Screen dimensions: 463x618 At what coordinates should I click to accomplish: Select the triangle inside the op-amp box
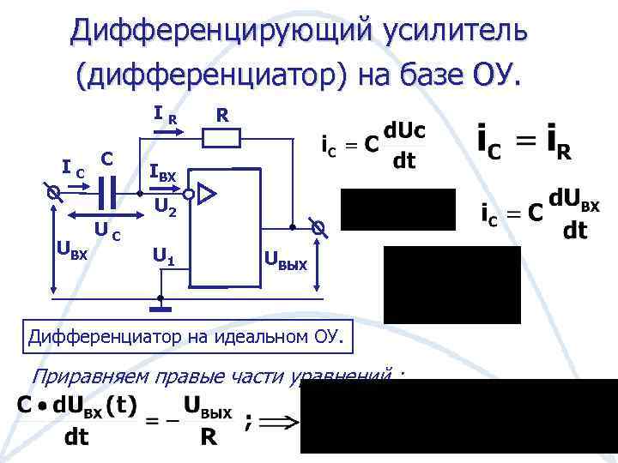click(x=209, y=194)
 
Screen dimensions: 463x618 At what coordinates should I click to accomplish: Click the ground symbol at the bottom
click(x=160, y=303)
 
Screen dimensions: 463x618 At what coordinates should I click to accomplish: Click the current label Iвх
click(x=162, y=174)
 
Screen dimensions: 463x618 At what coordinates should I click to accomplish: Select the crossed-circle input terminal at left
click(x=53, y=195)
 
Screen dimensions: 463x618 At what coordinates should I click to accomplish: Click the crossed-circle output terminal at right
click(x=318, y=228)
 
